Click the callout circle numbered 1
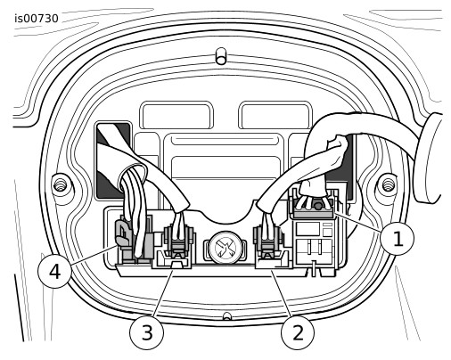[x=398, y=239]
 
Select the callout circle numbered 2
[x=298, y=332]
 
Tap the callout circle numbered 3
[x=146, y=332]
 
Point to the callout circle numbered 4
[x=54, y=272]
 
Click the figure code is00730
[x=37, y=19]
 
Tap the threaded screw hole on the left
[x=61, y=185]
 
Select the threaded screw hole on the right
[x=388, y=184]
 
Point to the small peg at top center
[x=221, y=56]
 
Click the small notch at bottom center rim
[x=227, y=316]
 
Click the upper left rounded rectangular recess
[x=176, y=115]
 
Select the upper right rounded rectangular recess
[x=275, y=115]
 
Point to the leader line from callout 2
[x=283, y=292]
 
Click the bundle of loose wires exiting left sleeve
[x=135, y=208]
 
